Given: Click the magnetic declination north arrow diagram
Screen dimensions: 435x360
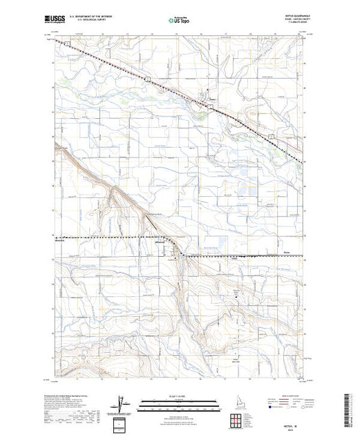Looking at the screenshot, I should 122,403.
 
